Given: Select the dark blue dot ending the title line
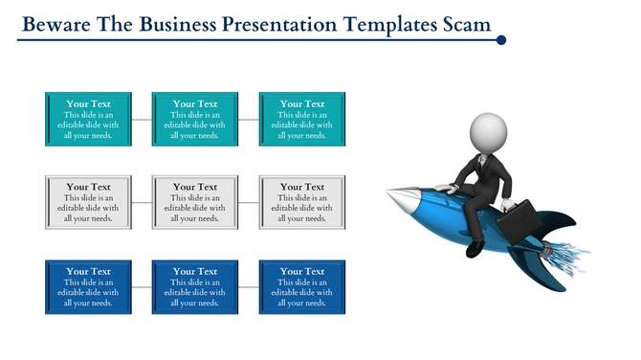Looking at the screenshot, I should pos(500,40).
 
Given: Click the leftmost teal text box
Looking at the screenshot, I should pos(88,120).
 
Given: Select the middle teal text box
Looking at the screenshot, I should pos(195,120).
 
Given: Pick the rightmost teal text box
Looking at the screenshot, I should pos(302,120).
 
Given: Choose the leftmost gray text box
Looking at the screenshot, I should pos(88,203).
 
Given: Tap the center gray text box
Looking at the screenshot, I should pos(195,203).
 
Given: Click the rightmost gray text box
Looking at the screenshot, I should pos(302,203).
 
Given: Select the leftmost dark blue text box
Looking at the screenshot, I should pos(88,287).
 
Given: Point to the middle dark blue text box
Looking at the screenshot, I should pos(195,287).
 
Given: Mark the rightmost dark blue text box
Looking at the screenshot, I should pos(302,287).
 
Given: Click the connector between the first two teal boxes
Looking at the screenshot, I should pos(142,120).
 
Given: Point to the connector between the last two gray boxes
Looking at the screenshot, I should pos(249,203).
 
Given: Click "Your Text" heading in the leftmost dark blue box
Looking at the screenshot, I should pos(88,272).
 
